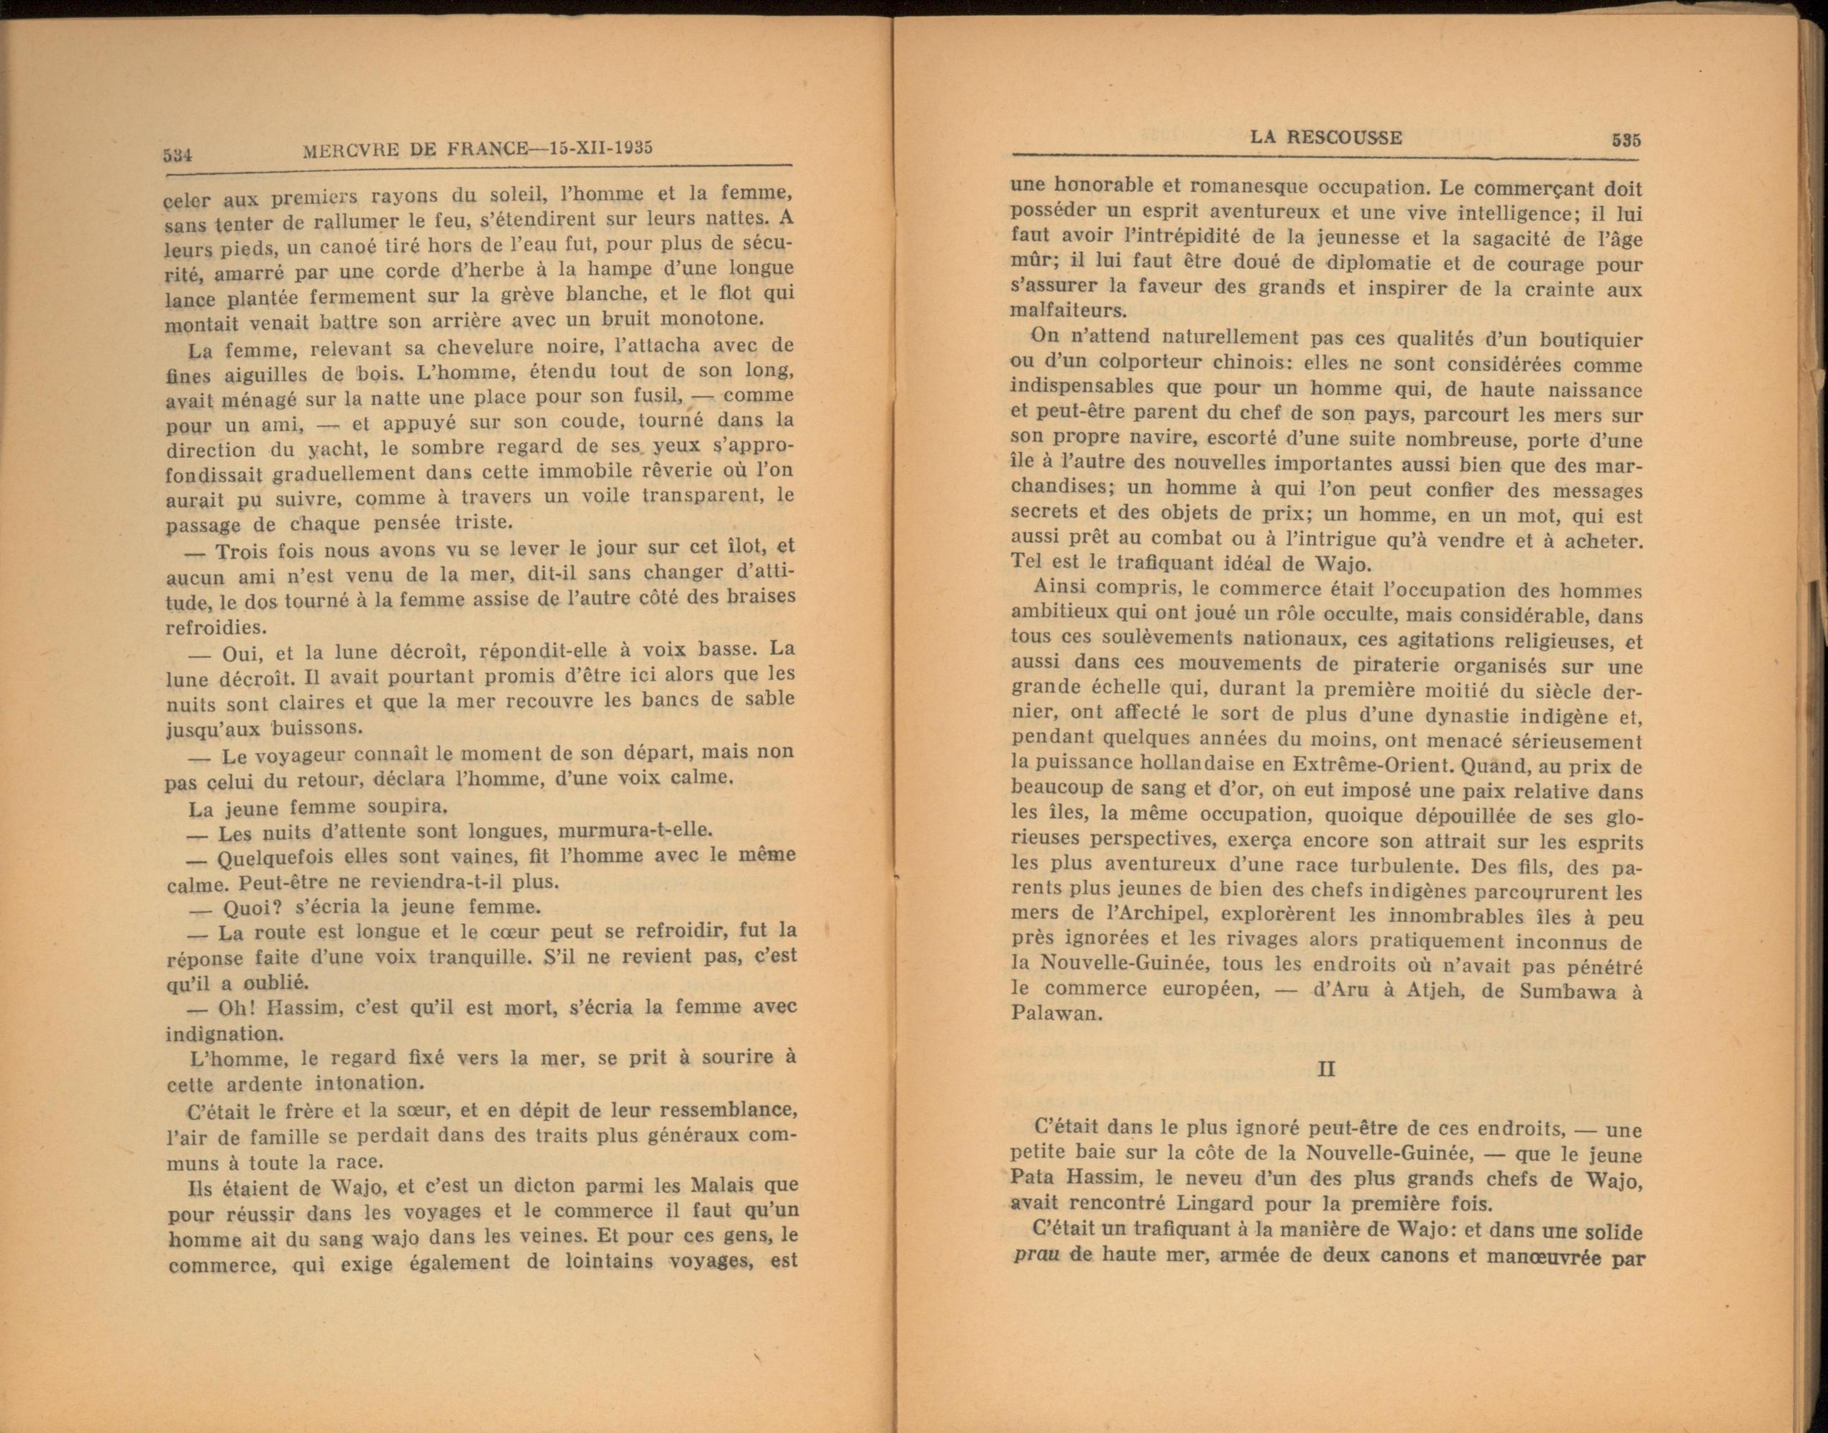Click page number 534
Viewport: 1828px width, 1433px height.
pyautogui.click(x=178, y=155)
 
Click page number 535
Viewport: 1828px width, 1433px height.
pyautogui.click(x=1626, y=141)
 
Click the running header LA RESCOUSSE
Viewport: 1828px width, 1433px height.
pyautogui.click(x=1325, y=137)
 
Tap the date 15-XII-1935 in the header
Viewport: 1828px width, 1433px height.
pyautogui.click(x=598, y=149)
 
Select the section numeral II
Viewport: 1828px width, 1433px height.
pyautogui.click(x=1326, y=1071)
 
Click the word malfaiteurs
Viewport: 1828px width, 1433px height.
pyautogui.click(x=1066, y=311)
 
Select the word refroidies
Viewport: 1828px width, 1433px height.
pyautogui.click(x=205, y=627)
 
